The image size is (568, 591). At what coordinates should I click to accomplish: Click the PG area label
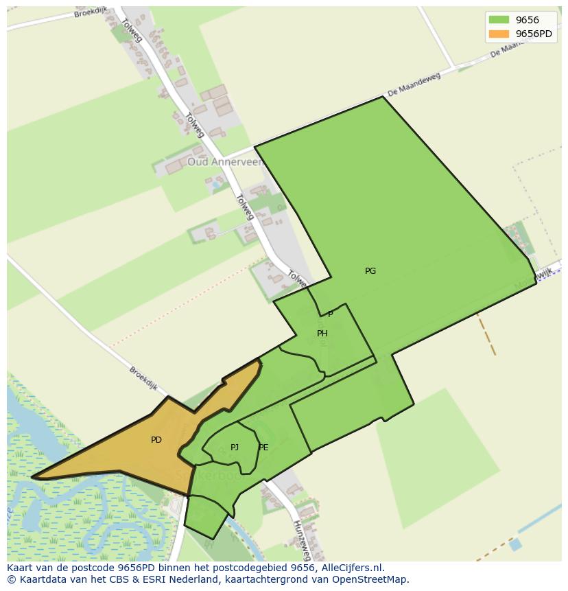[370, 271]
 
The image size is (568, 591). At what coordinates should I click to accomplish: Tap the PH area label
[322, 334]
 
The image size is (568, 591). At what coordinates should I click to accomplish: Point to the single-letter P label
[330, 314]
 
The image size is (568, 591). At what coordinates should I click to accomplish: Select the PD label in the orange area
[156, 440]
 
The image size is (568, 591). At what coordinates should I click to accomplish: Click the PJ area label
[235, 448]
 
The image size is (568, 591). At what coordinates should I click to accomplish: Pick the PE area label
[263, 448]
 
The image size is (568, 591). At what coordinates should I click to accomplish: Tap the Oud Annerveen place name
[225, 163]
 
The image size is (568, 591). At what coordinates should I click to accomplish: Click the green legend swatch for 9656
[499, 20]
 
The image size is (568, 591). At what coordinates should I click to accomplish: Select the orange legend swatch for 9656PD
[499, 34]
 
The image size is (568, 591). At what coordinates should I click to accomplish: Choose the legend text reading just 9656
[527, 20]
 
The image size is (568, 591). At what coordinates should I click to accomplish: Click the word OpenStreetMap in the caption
[371, 579]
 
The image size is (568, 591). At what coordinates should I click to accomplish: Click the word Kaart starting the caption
[20, 568]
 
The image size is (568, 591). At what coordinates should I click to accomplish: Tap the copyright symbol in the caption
[11, 579]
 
